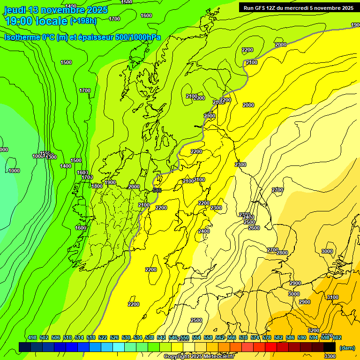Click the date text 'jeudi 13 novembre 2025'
[x=56, y=10]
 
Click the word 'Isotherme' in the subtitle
[x=22, y=37]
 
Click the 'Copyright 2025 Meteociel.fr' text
[x=199, y=357]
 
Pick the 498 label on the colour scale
[x=32, y=337]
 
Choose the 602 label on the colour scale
[x=337, y=337]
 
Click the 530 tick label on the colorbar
[x=126, y=337]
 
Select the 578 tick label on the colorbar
[x=267, y=337]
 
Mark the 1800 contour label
[x=97, y=186]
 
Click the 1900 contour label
[x=110, y=183]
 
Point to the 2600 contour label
[x=254, y=228]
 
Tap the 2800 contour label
[x=282, y=253]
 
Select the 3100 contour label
[x=332, y=297]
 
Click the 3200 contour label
[x=314, y=330]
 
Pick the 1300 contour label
[x=51, y=157]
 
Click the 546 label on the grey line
[x=157, y=190]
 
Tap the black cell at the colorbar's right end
[x=330, y=347]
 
